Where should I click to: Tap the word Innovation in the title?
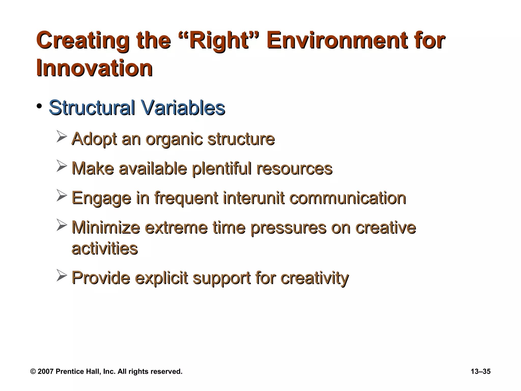pos(94,68)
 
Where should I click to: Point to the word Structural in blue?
pos(92,107)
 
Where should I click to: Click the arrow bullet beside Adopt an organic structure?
pos(62,136)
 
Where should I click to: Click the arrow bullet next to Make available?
pos(62,166)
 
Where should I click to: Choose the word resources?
pos(294,169)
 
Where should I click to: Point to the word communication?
pos(348,198)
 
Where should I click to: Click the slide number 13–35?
pos(480,371)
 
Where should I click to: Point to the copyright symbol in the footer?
pos(33,372)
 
